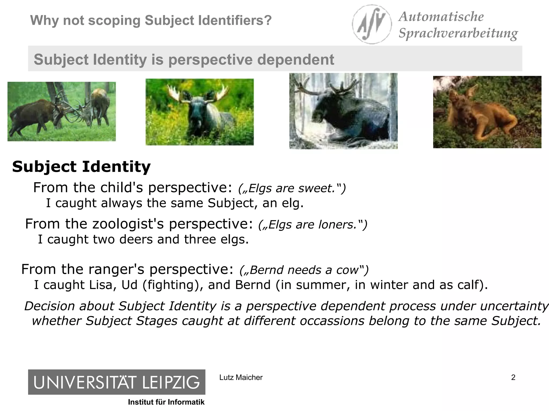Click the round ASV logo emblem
pyautogui.click(x=372, y=24)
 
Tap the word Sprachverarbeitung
pyautogui.click(x=458, y=33)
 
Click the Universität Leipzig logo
pyautogui.click(x=117, y=382)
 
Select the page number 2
pyautogui.click(x=513, y=377)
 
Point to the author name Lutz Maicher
pyautogui.click(x=241, y=377)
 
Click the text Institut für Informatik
pyautogui.click(x=166, y=402)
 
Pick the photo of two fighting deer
pyautogui.click(x=61, y=111)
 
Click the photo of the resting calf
pyautogui.click(x=487, y=112)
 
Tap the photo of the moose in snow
pyautogui.click(x=343, y=111)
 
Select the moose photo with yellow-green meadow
pyautogui.click(x=199, y=112)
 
